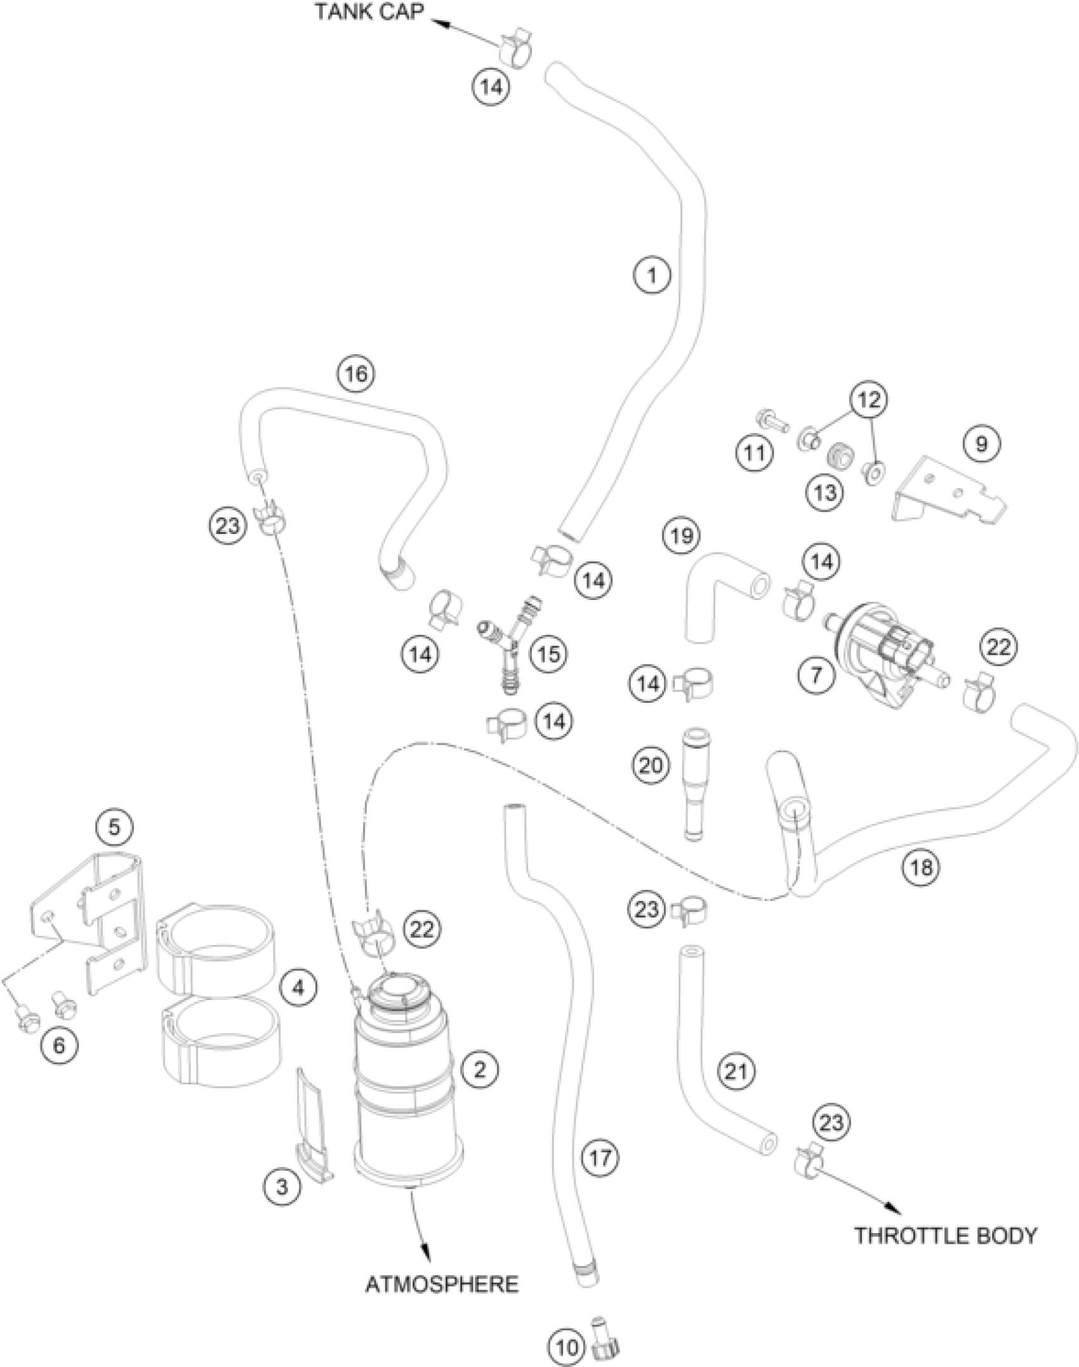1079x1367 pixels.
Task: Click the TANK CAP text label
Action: [x=369, y=13]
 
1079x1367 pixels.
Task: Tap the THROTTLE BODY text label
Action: [x=944, y=1236]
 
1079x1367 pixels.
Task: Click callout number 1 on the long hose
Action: [x=652, y=276]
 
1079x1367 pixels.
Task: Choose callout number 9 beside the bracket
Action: [x=981, y=443]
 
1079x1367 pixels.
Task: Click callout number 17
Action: [x=600, y=1157]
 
